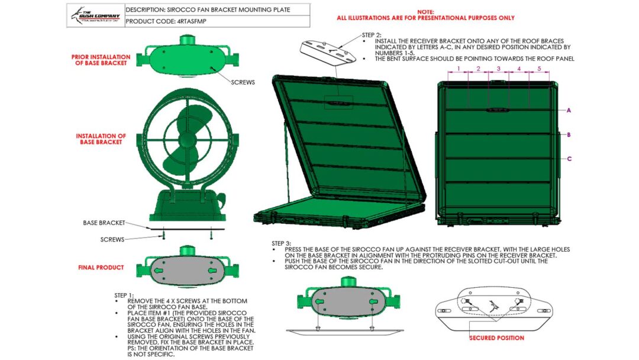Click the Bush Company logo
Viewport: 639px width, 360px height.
click(x=95, y=15)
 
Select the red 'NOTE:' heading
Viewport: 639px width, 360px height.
click(x=425, y=11)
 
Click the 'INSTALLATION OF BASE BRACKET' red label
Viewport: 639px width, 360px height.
click(x=101, y=139)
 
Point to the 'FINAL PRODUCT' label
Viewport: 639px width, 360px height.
click(x=101, y=268)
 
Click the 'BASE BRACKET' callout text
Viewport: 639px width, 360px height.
click(x=104, y=223)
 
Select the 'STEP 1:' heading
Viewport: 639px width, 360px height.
click(x=124, y=295)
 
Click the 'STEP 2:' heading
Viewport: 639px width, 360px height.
click(x=372, y=35)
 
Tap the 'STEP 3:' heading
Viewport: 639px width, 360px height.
click(x=281, y=243)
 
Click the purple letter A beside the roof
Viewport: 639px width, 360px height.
click(x=569, y=111)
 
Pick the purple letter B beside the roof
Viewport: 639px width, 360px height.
click(x=569, y=135)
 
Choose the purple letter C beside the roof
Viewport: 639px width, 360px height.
click(x=569, y=159)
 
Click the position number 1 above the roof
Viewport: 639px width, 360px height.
click(x=458, y=69)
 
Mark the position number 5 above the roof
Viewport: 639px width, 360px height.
click(x=539, y=69)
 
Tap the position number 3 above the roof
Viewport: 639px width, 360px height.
click(x=498, y=69)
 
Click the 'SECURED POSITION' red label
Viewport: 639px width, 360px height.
click(x=496, y=338)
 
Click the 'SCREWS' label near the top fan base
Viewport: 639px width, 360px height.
click(x=242, y=82)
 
